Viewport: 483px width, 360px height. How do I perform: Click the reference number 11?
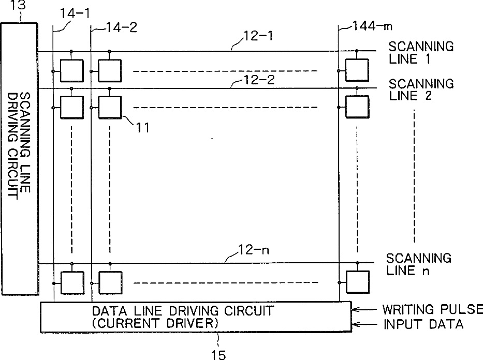click(143, 127)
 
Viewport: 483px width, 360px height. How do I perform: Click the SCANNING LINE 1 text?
click(421, 52)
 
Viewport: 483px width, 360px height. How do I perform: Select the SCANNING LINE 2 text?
click(421, 89)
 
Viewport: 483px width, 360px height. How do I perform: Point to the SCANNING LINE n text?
click(419, 263)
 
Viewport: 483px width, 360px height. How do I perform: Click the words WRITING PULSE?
click(432, 310)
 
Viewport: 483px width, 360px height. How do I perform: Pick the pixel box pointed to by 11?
click(109, 108)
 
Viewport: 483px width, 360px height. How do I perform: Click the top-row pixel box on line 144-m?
click(357, 70)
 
